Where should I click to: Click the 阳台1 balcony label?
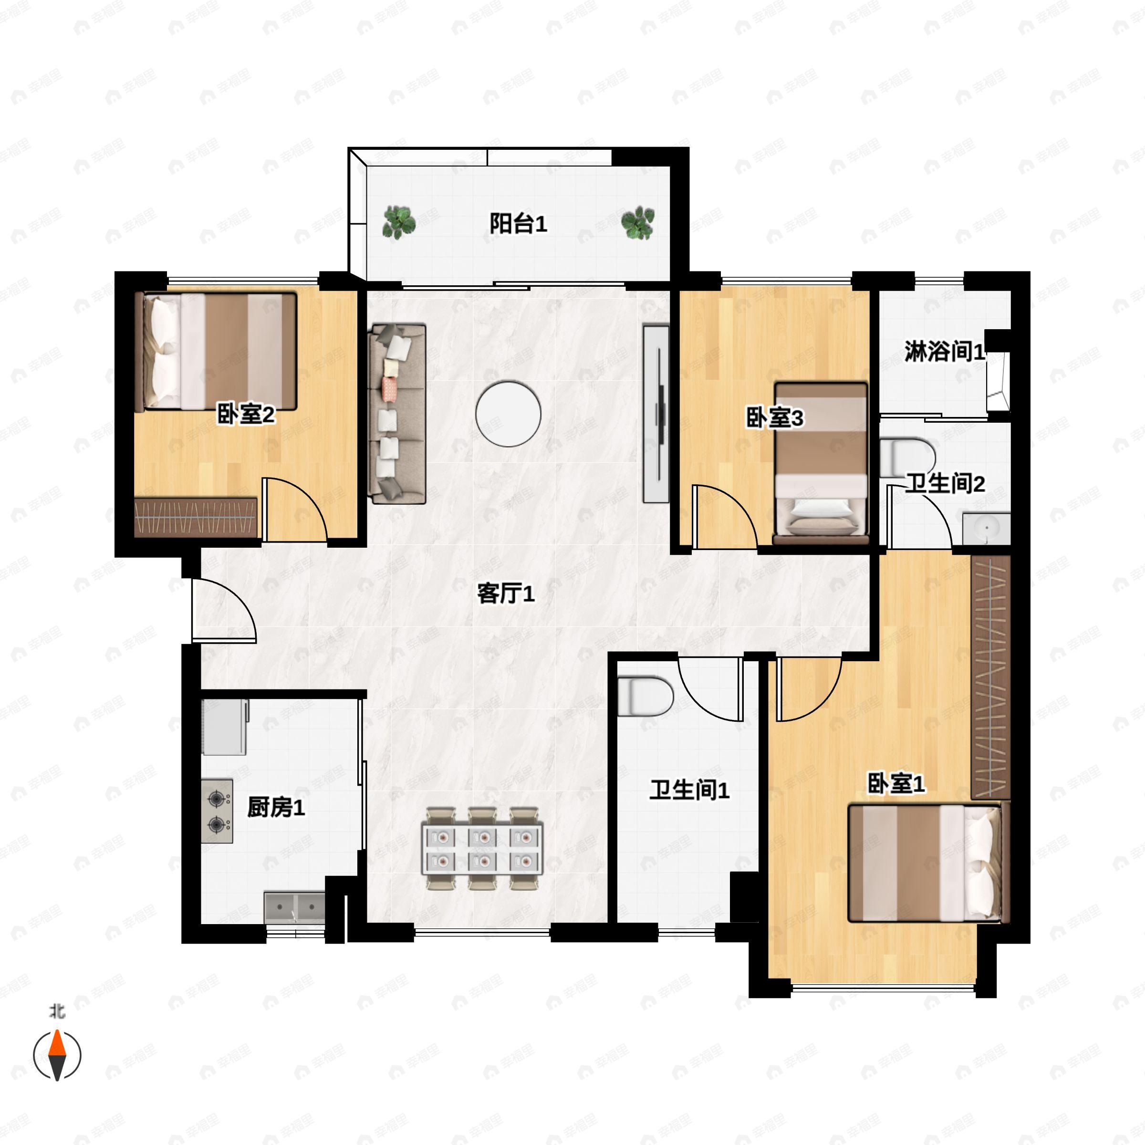518,224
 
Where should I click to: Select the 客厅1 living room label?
506,593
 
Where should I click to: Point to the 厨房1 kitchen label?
276,807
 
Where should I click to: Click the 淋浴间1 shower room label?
945,352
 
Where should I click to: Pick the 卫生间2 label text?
945,484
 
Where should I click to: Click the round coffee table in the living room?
508,414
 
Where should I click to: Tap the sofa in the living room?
397,413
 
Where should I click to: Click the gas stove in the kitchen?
217,811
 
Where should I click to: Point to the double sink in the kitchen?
294,906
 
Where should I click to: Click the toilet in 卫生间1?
645,697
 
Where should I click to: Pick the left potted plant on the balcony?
398,222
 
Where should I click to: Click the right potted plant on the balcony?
638,223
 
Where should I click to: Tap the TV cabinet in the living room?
656,413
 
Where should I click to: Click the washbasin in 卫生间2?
986,529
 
